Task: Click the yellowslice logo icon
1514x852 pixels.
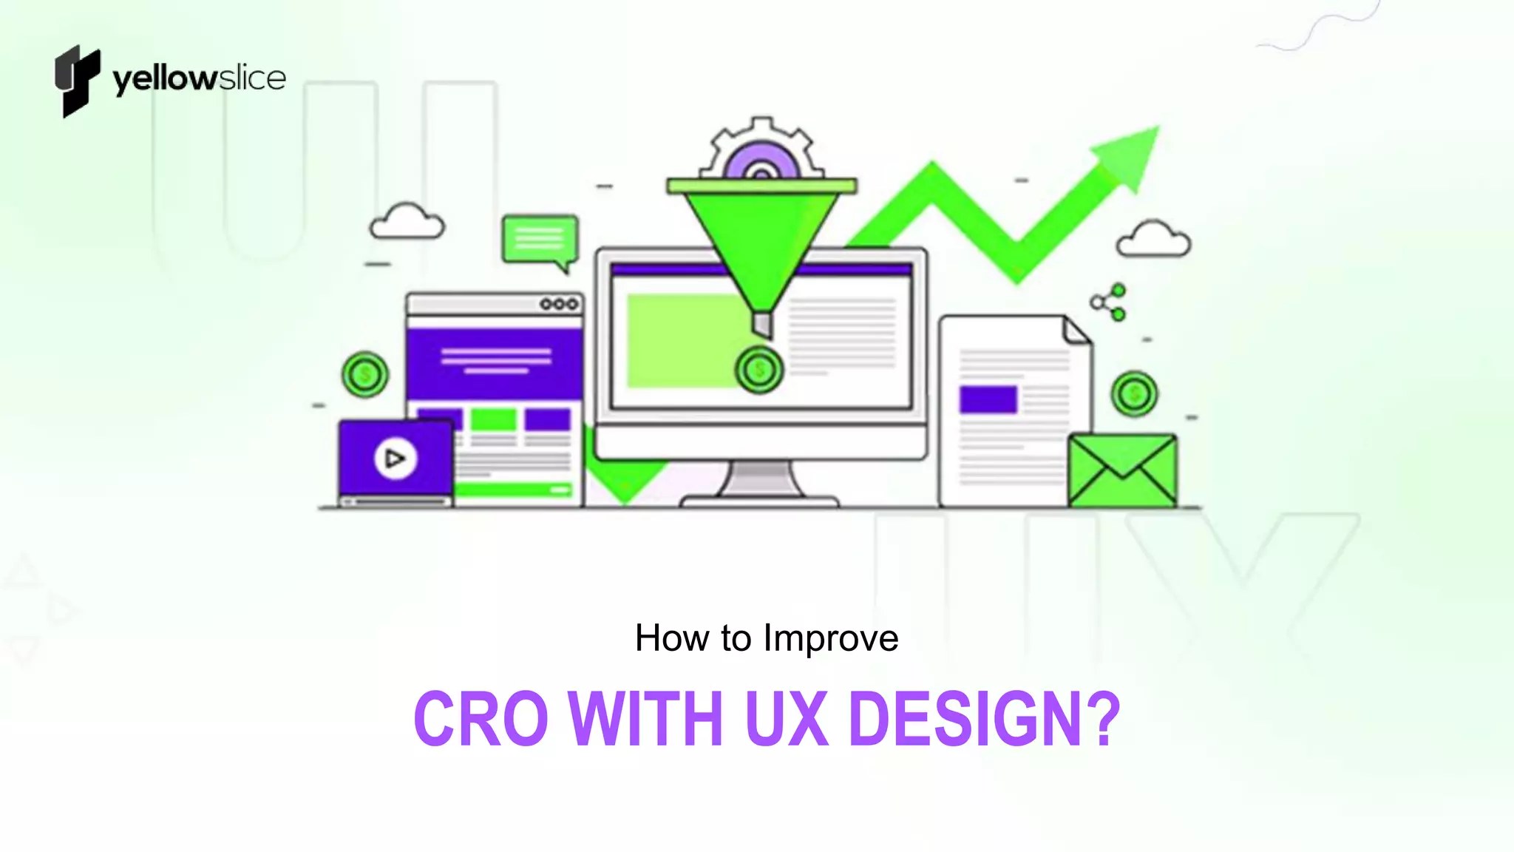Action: (77, 80)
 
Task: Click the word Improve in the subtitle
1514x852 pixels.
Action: (831, 638)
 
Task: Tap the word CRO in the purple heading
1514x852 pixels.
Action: (481, 719)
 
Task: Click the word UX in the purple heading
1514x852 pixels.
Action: (786, 719)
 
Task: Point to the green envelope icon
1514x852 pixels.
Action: (1122, 470)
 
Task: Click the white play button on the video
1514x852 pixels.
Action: (395, 459)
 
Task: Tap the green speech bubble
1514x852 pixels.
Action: (540, 239)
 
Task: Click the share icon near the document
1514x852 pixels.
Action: (1109, 302)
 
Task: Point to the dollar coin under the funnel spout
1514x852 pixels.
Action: (758, 369)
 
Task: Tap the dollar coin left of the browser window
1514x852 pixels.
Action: (365, 375)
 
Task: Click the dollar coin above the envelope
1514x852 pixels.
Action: (1134, 394)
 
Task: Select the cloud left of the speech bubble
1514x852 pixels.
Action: (407, 222)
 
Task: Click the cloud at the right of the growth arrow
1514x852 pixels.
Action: (1153, 239)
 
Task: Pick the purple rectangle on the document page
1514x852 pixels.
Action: (988, 399)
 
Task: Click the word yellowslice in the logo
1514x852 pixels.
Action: (199, 79)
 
